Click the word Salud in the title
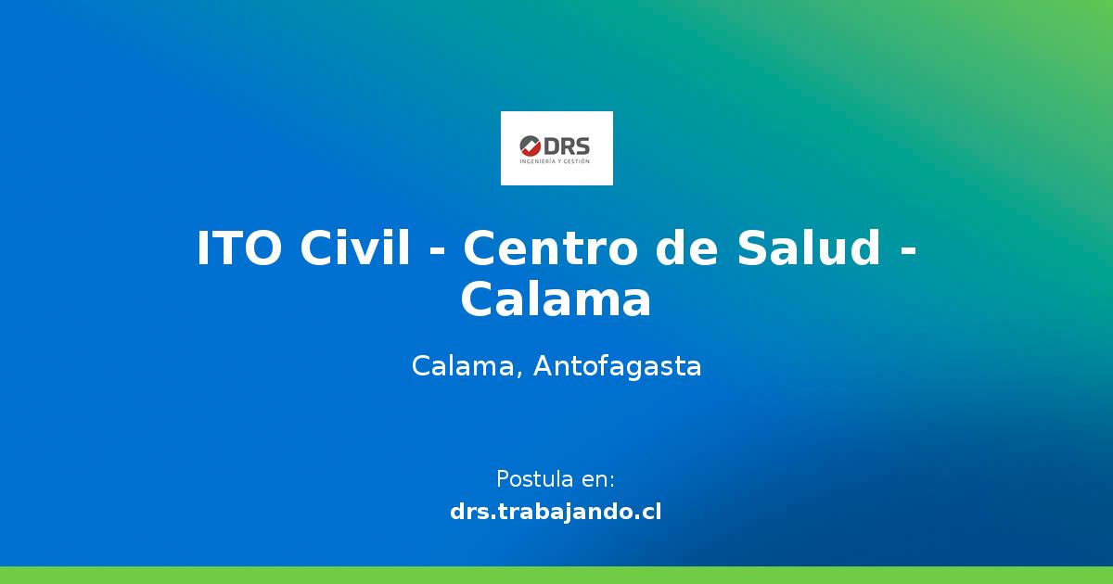[x=809, y=248]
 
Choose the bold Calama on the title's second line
[x=556, y=300]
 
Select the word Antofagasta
[x=617, y=367]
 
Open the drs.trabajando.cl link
[x=556, y=511]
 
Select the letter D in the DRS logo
[x=553, y=146]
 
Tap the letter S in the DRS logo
[x=582, y=146]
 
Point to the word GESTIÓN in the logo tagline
[x=576, y=161]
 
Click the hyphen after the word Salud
[x=907, y=250]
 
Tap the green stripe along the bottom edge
[x=556, y=575]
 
